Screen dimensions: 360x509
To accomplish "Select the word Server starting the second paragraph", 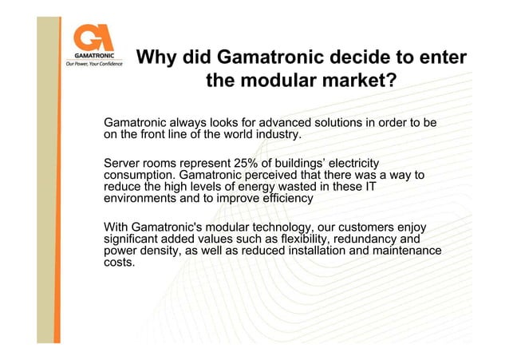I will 124,163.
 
